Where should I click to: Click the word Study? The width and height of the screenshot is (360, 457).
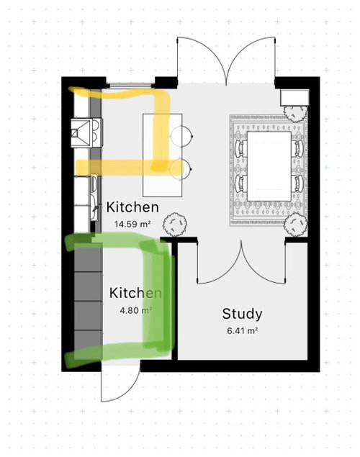pyautogui.click(x=242, y=315)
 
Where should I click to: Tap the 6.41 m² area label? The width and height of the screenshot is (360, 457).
pyautogui.click(x=242, y=331)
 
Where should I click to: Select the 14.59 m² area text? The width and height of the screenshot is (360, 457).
pyautogui.click(x=132, y=225)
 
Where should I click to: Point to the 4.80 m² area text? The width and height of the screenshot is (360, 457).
pyautogui.click(x=135, y=310)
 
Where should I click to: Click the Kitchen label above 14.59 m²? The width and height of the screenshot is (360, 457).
pyautogui.click(x=132, y=207)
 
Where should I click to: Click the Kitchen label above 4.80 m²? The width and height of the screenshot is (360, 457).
pyautogui.click(x=135, y=293)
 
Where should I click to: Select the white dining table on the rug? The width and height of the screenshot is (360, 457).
pyautogui.click(x=269, y=166)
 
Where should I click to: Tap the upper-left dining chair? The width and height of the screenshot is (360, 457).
pyautogui.click(x=240, y=149)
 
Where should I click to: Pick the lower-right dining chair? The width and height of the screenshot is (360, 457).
pyautogui.click(x=297, y=184)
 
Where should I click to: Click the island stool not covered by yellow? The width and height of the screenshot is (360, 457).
pyautogui.click(x=181, y=136)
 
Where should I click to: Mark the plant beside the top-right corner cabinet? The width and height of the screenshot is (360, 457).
pyautogui.click(x=296, y=113)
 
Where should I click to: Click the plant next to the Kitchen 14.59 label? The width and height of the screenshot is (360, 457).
pyautogui.click(x=175, y=224)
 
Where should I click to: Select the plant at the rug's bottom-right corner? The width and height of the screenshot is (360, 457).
pyautogui.click(x=296, y=224)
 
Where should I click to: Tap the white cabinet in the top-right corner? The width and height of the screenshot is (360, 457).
pyautogui.click(x=294, y=98)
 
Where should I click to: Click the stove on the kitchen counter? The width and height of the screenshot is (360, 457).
pyautogui.click(x=86, y=133)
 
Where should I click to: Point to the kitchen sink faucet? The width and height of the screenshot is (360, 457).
pyautogui.click(x=96, y=208)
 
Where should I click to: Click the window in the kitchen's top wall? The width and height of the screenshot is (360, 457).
pyautogui.click(x=130, y=86)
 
